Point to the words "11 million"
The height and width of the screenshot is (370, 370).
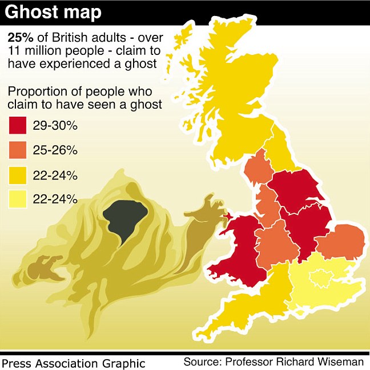[36, 51]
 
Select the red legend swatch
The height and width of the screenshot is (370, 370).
[19, 125]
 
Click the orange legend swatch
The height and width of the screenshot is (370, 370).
[19, 150]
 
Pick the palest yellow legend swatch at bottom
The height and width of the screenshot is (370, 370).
[19, 198]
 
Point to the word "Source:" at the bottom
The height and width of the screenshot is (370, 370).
[202, 361]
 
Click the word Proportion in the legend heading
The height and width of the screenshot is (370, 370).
[33, 91]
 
